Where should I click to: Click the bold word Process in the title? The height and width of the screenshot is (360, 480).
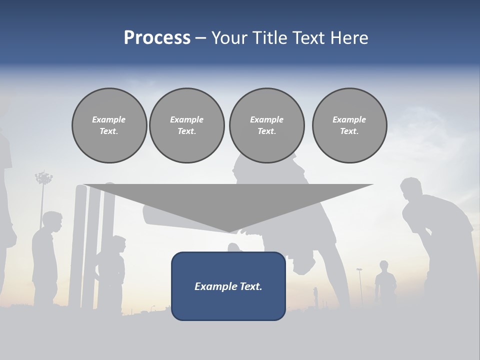coord(157,38)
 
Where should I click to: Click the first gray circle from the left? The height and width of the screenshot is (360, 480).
coord(109,125)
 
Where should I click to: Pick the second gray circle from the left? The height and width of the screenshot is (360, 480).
coord(187,125)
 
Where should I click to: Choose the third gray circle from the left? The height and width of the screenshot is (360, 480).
coord(267,125)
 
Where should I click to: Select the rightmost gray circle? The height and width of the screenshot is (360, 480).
coord(349,125)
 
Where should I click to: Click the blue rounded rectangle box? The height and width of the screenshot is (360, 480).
coord(228,286)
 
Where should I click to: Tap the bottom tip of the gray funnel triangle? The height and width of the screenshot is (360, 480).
coord(229,231)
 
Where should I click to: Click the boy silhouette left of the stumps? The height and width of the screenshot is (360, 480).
coord(46,255)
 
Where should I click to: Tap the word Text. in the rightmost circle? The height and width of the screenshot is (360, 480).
coord(349,131)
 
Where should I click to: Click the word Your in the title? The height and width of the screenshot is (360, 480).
coord(229,38)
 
